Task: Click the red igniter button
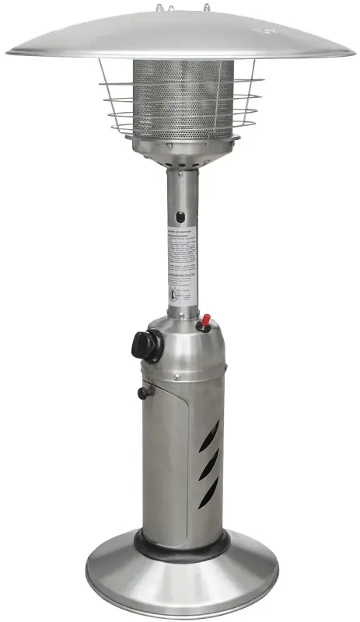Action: click(206, 321)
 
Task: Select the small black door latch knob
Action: click(143, 393)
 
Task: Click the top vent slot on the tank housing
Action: click(210, 435)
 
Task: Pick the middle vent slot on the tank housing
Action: click(209, 465)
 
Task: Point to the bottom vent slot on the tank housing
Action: click(208, 494)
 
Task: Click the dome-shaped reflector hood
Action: click(180, 35)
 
